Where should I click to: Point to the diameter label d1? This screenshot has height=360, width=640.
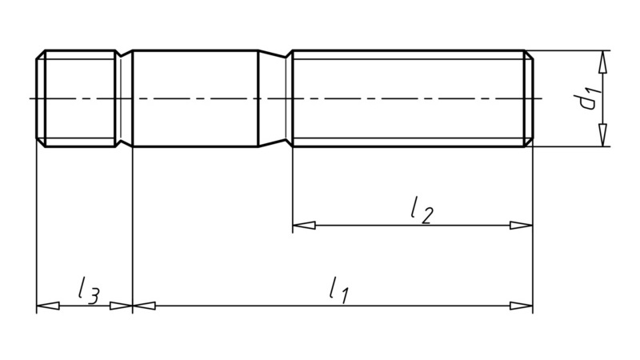coord(590,99)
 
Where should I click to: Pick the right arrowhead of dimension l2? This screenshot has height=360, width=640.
coord(522,226)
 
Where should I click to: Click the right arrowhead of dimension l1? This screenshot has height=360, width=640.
coord(522,306)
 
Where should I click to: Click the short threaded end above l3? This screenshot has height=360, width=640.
coord(75,98)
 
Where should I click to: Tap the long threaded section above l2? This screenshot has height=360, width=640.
coord(408,98)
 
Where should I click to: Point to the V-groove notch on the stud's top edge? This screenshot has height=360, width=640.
coord(122,55)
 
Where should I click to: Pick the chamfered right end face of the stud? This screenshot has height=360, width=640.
coord(530,98)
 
